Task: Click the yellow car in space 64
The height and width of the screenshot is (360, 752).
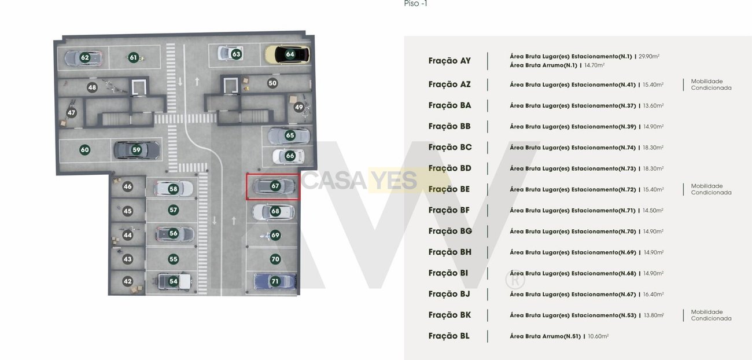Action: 287,54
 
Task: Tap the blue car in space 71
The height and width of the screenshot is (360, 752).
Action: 275,281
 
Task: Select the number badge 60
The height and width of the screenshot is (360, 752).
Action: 85,150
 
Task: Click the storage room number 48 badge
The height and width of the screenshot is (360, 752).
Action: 92,87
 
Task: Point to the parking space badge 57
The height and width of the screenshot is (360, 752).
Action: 173,210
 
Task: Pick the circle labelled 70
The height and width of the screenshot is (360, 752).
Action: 275,259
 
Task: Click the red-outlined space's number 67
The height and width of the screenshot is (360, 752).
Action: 275,186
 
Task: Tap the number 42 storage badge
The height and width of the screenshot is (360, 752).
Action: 128,281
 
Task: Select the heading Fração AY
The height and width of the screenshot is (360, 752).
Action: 449,61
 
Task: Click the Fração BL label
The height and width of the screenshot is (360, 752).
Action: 449,336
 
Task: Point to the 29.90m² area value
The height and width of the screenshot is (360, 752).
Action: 649,56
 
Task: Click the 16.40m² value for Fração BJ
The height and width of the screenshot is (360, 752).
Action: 653,294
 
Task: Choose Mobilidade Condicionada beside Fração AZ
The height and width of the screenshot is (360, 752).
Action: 711,85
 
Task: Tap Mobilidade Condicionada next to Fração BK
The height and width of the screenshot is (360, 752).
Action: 711,315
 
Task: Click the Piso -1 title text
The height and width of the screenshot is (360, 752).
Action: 415,3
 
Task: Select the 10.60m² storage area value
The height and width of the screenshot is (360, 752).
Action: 598,336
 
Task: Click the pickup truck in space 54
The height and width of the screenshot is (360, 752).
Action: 175,281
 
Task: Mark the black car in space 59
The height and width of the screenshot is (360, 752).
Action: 137,150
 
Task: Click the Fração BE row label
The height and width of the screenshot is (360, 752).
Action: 449,189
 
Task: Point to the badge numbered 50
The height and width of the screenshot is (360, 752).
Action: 272,83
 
